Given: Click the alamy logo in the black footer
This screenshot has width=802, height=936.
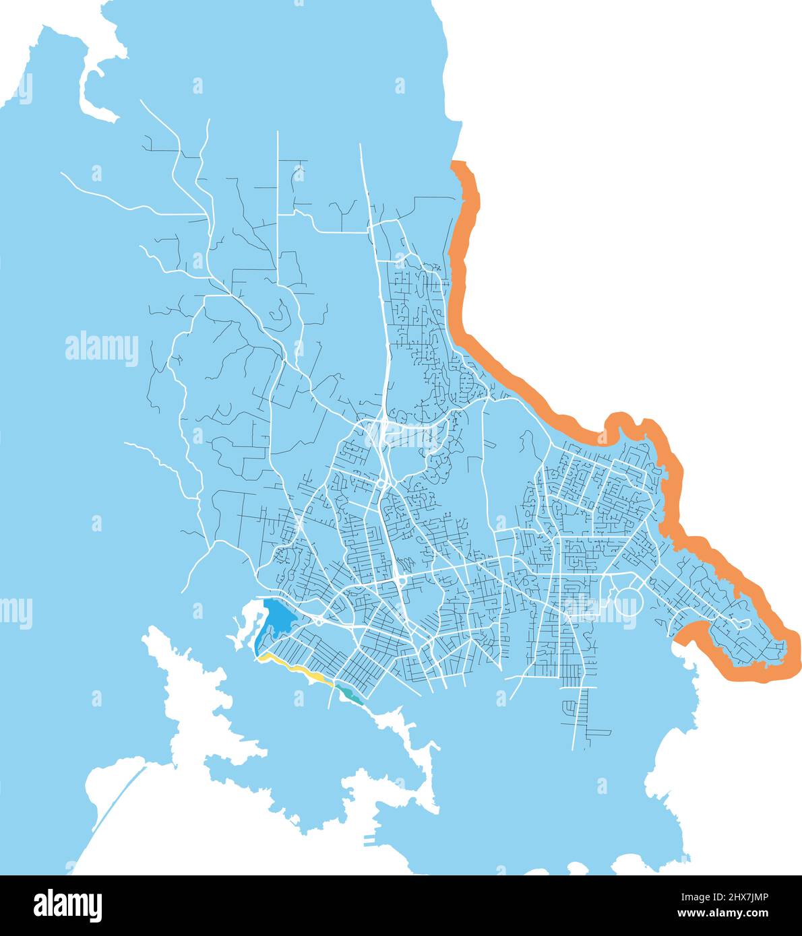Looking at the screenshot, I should tap(69, 906).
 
